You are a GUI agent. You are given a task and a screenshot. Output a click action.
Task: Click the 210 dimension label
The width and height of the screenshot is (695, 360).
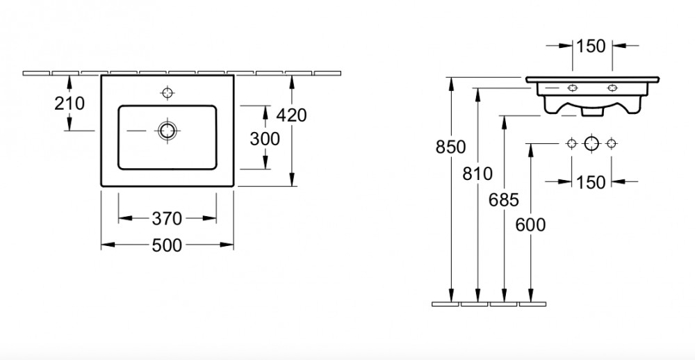(x=69, y=104)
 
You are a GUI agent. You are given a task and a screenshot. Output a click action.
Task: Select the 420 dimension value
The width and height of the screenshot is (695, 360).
(x=291, y=115)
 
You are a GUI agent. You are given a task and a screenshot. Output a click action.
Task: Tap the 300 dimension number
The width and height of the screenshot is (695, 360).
(x=265, y=139)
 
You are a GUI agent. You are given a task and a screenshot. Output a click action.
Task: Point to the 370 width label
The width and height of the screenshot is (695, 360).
(x=167, y=218)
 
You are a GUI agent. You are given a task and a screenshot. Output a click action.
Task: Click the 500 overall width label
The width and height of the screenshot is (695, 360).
(x=167, y=245)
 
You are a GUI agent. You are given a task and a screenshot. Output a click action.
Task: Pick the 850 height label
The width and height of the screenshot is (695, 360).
(x=450, y=147)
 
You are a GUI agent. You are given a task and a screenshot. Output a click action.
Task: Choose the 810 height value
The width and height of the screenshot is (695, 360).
(x=477, y=174)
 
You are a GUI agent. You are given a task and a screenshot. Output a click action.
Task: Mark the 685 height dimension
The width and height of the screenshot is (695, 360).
(x=503, y=200)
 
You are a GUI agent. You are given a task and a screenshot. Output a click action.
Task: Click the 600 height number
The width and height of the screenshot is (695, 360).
(x=530, y=225)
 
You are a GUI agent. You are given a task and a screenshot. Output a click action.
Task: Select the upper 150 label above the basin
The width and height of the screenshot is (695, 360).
(x=591, y=46)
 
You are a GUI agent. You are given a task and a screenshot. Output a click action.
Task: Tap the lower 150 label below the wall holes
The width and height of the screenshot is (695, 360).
(x=591, y=182)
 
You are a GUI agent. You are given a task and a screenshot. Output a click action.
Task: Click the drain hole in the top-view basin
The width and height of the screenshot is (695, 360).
(x=167, y=131)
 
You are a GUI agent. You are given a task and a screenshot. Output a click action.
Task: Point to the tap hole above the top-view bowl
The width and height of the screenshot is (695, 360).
(x=167, y=92)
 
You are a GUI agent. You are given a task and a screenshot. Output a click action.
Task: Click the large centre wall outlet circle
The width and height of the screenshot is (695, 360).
(x=591, y=144)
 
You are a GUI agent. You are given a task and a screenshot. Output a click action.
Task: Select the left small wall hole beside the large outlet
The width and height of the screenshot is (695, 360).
(x=572, y=143)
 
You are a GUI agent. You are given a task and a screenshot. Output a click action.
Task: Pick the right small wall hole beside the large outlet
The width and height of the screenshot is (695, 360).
(x=611, y=143)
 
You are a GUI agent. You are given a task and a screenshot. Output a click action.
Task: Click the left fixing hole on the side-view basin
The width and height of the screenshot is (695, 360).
(x=573, y=88)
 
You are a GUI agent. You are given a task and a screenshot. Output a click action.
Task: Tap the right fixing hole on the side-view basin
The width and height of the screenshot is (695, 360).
(x=612, y=88)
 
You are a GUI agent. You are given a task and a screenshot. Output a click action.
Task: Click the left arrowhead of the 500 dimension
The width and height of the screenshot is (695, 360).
(x=108, y=245)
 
